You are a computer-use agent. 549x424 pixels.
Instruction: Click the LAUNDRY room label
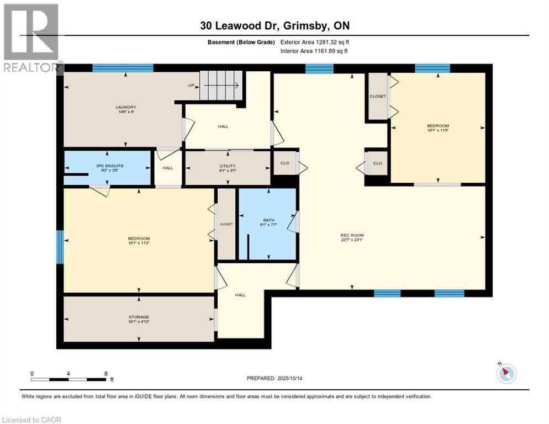coord(126,107)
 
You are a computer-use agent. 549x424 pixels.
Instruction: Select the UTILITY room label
coord(228,166)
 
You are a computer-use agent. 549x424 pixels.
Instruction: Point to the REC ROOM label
coord(352,236)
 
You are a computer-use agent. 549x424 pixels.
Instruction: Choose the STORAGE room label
coord(139,317)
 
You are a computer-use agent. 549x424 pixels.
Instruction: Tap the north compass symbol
coord(506,373)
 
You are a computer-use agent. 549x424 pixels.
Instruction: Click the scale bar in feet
coord(69,379)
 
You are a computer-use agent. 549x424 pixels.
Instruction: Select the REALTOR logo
coord(31,38)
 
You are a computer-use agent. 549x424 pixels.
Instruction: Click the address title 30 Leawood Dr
coord(274,26)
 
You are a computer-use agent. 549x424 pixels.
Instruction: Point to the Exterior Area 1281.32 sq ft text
coord(315,42)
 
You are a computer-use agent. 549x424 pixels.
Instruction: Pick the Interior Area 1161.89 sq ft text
coord(314,51)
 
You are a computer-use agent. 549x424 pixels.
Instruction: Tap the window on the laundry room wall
coord(123,68)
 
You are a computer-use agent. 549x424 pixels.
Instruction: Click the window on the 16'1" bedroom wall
coord(60,247)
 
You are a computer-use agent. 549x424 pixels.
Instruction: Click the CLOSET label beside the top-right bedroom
coord(378,96)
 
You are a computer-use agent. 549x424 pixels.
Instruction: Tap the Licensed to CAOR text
coord(31,420)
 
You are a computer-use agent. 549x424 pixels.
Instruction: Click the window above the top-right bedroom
coord(432,68)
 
